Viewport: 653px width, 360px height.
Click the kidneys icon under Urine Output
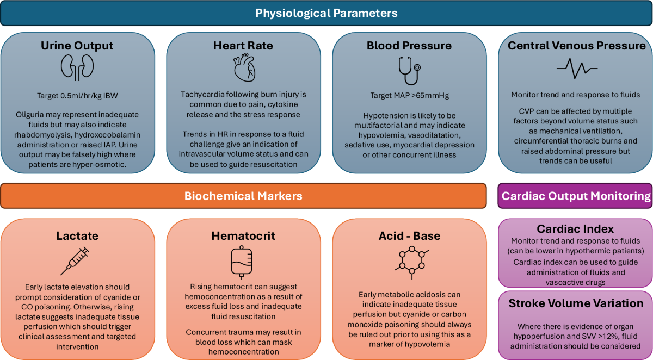point(77,67)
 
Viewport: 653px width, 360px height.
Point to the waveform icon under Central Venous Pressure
point(577,69)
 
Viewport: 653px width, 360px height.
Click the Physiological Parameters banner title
point(326,13)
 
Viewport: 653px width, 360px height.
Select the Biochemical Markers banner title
point(243,196)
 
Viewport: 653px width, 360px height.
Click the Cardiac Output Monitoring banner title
point(576,196)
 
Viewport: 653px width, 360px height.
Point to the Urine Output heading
point(77,46)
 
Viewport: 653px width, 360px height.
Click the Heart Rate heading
point(243,46)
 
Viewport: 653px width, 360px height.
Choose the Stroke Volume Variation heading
point(576,303)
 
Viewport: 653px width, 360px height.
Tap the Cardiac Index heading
point(576,228)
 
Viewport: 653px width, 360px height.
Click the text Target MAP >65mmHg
point(409,95)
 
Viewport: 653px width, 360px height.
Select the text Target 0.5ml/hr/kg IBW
point(77,95)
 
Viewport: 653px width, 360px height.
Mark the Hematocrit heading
point(243,236)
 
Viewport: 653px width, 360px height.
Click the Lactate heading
point(77,236)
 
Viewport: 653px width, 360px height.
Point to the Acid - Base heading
point(409,236)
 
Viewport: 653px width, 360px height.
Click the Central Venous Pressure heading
point(576,46)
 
